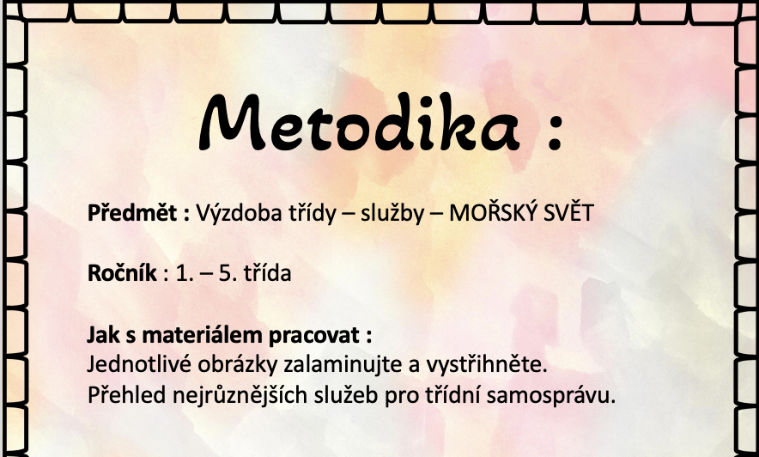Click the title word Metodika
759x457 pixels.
point(359,122)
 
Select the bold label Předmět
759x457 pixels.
point(132,212)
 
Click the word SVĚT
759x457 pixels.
point(568,212)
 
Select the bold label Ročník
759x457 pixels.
point(122,273)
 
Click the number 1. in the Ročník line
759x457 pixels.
point(184,274)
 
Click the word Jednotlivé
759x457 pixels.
point(139,365)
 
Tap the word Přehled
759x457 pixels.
point(127,395)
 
